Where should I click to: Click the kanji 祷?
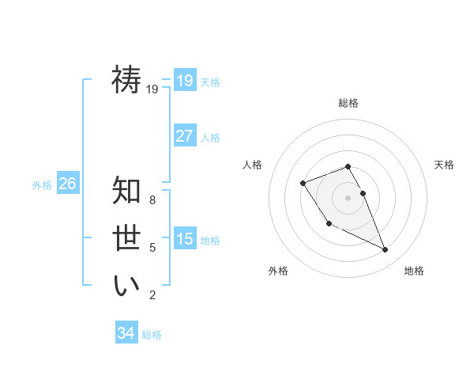click(126, 80)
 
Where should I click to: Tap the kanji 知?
click(126, 191)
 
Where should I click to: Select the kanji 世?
click(126, 238)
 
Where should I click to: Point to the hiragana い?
click(126, 286)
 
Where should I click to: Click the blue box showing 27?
click(185, 135)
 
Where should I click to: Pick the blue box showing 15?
click(185, 238)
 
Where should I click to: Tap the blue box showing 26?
click(68, 184)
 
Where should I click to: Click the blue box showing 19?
click(185, 80)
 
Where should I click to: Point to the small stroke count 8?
click(152, 200)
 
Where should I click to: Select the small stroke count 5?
click(152, 248)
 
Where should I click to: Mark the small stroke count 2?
click(152, 295)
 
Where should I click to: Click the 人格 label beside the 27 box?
click(210, 137)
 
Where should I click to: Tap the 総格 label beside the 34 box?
click(152, 335)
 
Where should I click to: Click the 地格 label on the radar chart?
click(414, 271)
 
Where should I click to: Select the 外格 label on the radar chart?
click(278, 271)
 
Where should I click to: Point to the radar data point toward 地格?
click(386, 250)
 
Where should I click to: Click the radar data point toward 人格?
click(303, 184)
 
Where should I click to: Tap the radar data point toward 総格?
click(348, 166)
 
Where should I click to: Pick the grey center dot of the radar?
click(348, 197)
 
